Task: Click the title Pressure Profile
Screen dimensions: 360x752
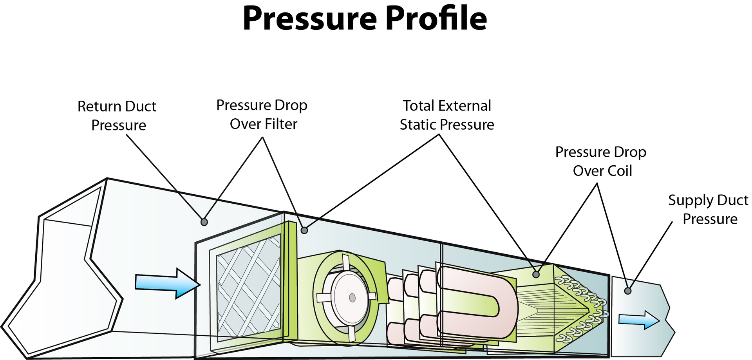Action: [x=365, y=18]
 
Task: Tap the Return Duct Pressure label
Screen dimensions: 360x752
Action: [x=117, y=116]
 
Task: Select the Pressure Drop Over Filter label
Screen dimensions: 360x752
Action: [x=262, y=114]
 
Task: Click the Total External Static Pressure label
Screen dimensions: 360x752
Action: [x=447, y=115]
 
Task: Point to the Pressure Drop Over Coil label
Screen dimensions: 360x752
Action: [x=601, y=161]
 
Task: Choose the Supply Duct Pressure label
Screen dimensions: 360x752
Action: [x=709, y=209]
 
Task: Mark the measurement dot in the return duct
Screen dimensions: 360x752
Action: [x=204, y=222]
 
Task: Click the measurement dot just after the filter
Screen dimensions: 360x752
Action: [x=304, y=230]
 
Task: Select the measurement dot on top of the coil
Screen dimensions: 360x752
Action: [x=536, y=275]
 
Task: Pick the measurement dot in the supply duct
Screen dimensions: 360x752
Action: [x=628, y=291]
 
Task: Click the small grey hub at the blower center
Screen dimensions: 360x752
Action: [x=352, y=298]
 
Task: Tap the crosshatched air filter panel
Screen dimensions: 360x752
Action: [x=248, y=288]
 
